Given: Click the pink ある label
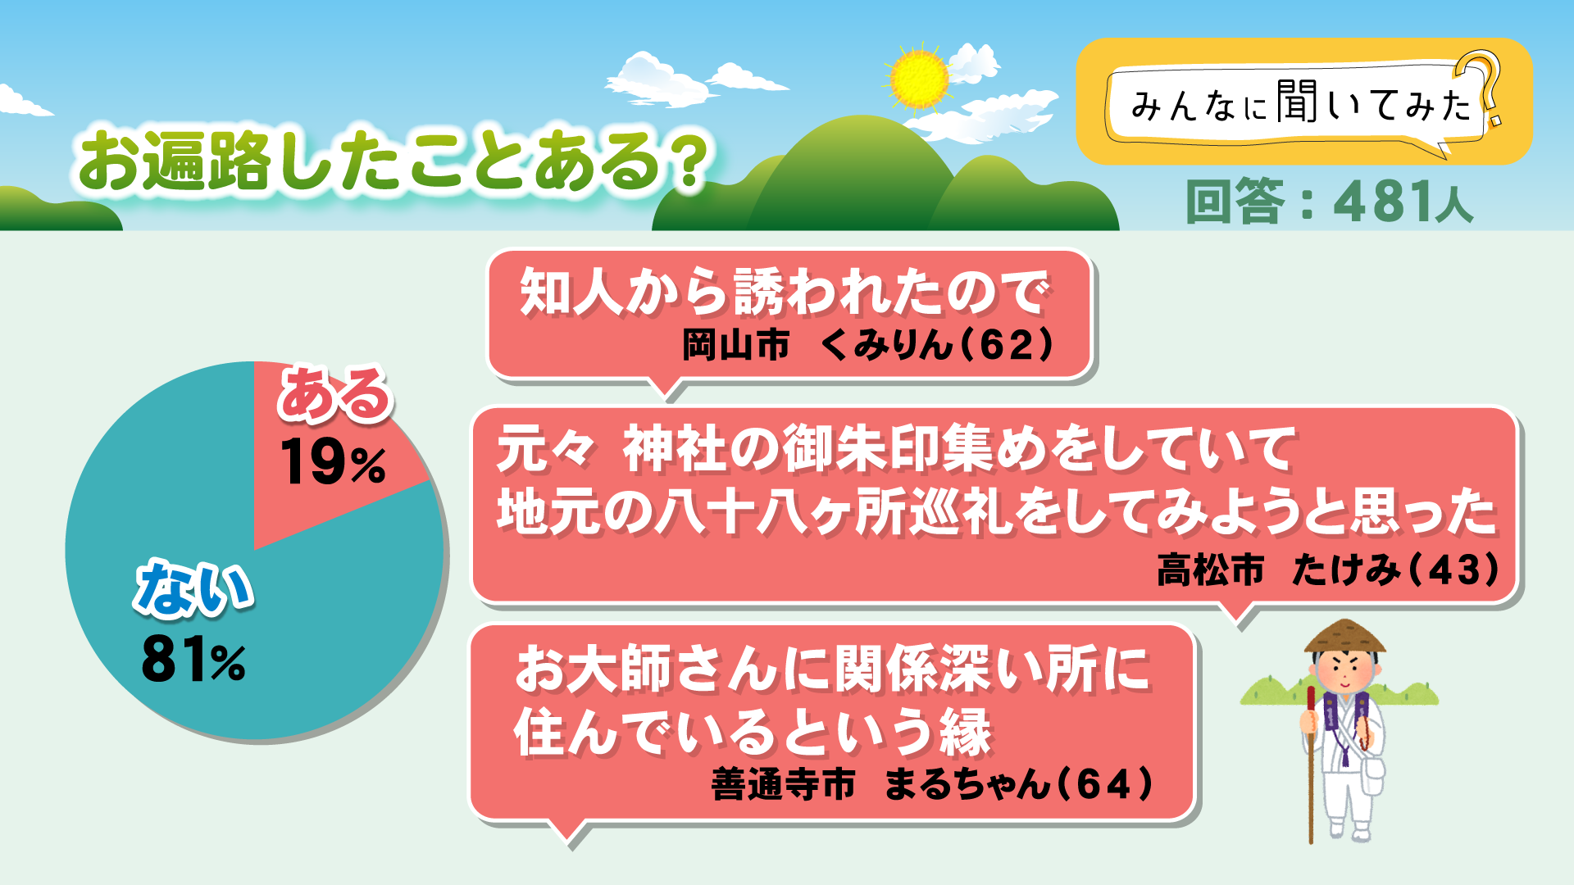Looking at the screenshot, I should (334, 394).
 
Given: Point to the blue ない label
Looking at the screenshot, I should (193, 588).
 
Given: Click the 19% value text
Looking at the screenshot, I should (333, 463).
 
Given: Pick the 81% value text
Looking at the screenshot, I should (193, 660).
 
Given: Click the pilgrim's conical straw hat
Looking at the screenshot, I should (1344, 636).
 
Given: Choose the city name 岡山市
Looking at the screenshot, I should (735, 345).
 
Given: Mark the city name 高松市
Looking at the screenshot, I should (1210, 570).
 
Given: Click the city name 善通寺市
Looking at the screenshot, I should (783, 784).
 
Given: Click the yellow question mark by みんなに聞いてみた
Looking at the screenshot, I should (1485, 86).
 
